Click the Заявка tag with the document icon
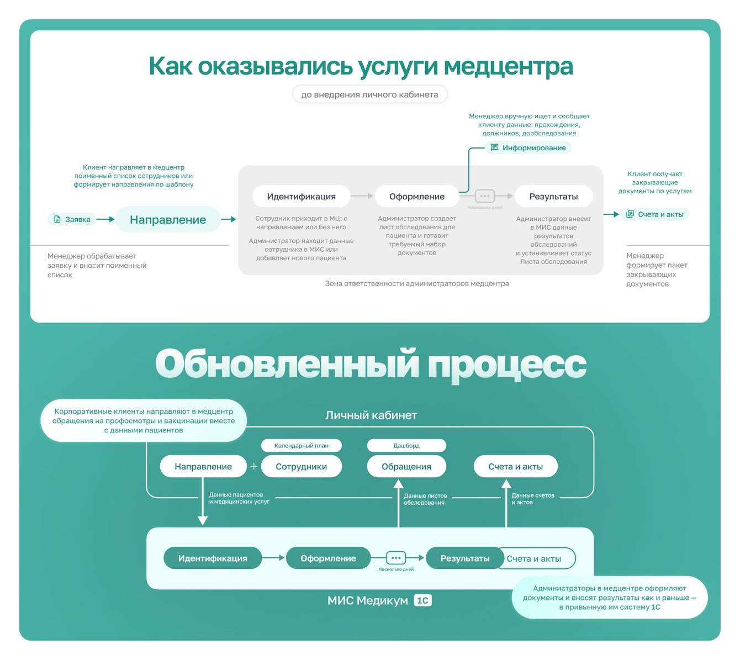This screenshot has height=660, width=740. [x=72, y=219]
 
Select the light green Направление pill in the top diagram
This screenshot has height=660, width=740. [x=168, y=219]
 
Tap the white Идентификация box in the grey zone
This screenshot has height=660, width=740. [x=301, y=196]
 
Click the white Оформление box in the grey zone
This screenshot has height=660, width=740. [x=416, y=196]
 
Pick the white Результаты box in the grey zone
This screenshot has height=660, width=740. [x=553, y=196]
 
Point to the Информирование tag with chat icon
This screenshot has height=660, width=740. [x=528, y=147]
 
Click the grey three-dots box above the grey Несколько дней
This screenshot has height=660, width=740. [x=485, y=196]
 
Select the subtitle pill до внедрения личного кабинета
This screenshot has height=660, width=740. [x=369, y=94]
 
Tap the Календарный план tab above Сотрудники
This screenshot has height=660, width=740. [x=301, y=445]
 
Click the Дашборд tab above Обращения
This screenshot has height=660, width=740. [x=406, y=445]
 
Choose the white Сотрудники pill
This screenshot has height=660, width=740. [x=301, y=467]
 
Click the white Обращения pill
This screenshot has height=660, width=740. [x=406, y=467]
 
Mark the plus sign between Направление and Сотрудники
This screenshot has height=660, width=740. [x=254, y=467]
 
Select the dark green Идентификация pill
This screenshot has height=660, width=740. [x=213, y=558]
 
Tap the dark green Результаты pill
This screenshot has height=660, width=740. [x=464, y=558]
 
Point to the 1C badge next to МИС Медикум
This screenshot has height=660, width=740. [x=422, y=600]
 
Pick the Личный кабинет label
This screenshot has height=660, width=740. [x=371, y=415]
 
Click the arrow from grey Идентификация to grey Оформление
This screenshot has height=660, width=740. [x=362, y=196]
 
